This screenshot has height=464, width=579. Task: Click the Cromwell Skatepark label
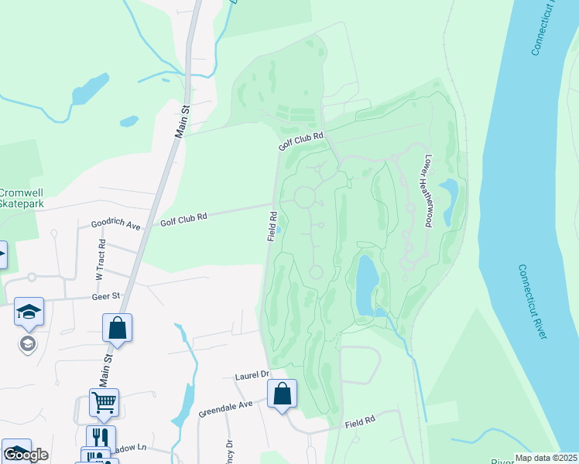point(22,197)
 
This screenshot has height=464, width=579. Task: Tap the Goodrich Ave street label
point(115,225)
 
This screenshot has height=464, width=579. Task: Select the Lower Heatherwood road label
point(426,190)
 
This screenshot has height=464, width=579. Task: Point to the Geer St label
point(106,295)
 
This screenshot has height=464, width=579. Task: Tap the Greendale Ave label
point(225,404)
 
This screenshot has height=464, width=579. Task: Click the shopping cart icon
point(104,402)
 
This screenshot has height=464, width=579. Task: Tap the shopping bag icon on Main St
point(117,328)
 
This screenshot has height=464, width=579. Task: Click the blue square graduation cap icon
point(29,312)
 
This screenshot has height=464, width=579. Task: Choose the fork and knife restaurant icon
point(101,438)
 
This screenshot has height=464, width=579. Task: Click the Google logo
point(26,455)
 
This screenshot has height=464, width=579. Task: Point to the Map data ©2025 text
point(546,458)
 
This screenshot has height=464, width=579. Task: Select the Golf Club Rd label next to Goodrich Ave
point(183,219)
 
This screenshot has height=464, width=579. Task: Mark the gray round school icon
point(28,343)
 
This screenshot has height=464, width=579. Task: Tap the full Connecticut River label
point(533,301)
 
